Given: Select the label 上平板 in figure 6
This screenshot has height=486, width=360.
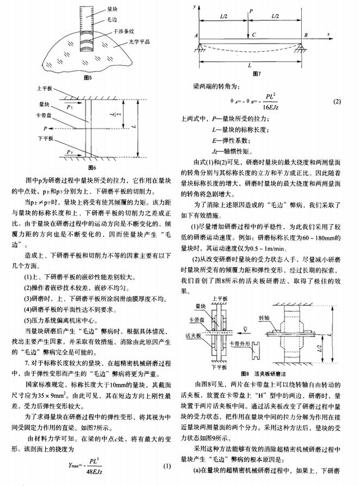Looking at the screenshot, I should [44, 88].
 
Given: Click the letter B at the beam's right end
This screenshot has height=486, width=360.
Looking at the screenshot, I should [306, 35].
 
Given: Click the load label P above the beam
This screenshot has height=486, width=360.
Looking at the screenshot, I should [251, 11].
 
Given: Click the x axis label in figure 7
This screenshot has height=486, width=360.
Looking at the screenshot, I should [329, 34].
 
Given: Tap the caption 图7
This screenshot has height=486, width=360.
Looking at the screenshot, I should [256, 75].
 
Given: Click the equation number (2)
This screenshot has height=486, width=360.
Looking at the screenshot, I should [337, 102].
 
